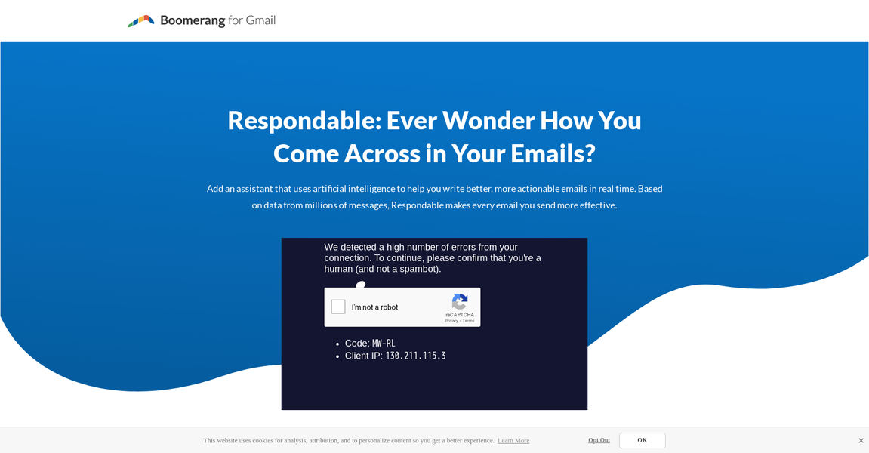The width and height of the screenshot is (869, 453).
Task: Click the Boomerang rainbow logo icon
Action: (141, 20)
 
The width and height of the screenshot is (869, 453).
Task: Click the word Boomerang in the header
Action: (193, 20)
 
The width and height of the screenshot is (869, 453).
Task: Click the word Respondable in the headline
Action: (303, 120)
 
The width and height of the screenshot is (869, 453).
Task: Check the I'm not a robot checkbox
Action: (338, 307)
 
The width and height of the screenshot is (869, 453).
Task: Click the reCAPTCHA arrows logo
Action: (460, 301)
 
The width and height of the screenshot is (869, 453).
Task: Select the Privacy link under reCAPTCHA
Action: (451, 321)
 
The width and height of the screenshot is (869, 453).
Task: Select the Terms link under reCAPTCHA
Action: (469, 321)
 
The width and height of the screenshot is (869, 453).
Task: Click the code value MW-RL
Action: (384, 344)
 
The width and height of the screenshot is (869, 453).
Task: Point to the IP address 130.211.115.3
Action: (415, 356)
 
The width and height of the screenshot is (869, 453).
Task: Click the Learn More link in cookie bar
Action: (513, 441)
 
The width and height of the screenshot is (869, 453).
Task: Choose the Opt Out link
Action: (599, 440)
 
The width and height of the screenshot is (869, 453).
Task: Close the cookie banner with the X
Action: (861, 441)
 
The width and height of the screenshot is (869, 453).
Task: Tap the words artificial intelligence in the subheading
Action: (359, 189)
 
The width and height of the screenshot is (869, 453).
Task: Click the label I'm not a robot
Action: (374, 307)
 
